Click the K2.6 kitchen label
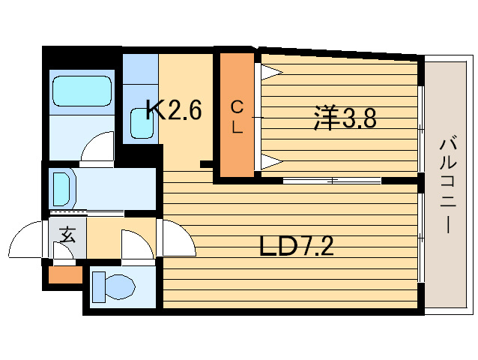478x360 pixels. click(174, 109)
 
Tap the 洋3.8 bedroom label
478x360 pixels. click(345, 118)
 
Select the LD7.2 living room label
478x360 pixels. click(296, 246)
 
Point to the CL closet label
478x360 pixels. click(237, 117)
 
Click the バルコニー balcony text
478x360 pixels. click(447, 185)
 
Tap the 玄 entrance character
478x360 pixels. click(67, 234)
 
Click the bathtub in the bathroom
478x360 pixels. click(82, 91)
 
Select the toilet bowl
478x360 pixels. click(120, 286)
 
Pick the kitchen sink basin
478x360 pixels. click(142, 124)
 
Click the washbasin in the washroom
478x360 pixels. click(62, 189)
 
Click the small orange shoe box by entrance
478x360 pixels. click(65, 274)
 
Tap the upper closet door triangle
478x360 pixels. click(272, 72)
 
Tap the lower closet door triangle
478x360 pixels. click(272, 162)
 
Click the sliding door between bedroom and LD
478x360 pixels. click(332, 181)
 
